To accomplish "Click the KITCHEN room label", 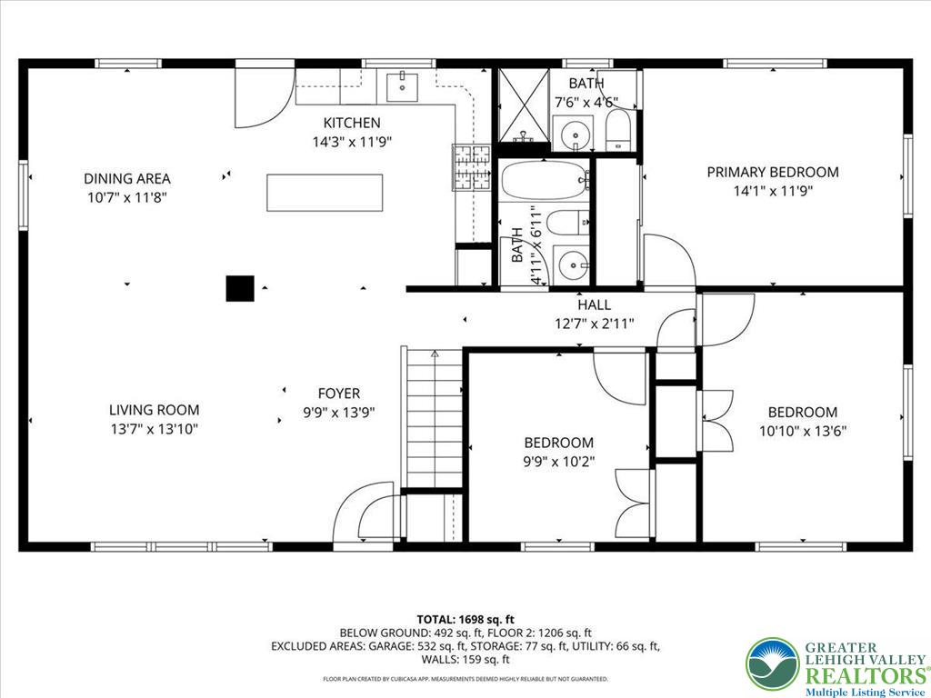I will [x=352, y=123].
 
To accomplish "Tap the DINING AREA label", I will [x=126, y=178].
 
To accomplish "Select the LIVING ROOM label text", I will [x=154, y=410].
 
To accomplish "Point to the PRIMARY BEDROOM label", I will [x=773, y=172].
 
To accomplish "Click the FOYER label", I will [x=338, y=394].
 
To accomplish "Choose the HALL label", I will [x=595, y=305].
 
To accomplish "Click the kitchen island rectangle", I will [x=325, y=192].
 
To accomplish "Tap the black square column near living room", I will [x=239, y=288].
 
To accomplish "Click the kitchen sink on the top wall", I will [x=401, y=88].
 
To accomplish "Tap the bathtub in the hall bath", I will [x=544, y=180].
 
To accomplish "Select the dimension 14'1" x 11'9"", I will [x=773, y=191].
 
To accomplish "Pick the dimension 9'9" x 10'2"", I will [x=558, y=461].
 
